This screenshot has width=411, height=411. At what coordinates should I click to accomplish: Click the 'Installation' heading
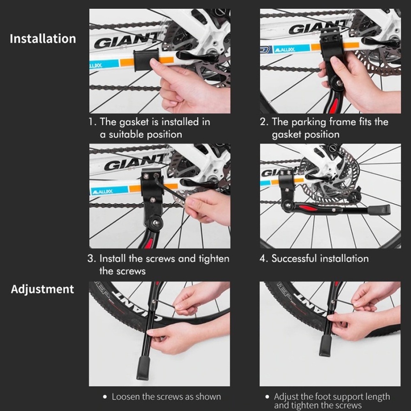[x=43, y=39]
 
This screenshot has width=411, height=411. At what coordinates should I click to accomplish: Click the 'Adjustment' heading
[x=42, y=289]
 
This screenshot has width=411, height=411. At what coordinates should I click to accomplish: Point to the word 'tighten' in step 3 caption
[x=214, y=259]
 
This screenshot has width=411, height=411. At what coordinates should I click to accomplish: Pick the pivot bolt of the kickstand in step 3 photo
[x=156, y=223]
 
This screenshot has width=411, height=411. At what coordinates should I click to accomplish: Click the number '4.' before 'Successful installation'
[x=263, y=259]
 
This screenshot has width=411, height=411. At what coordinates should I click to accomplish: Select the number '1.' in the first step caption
[x=92, y=122]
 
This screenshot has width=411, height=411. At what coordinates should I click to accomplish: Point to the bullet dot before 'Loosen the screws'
[x=105, y=397]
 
